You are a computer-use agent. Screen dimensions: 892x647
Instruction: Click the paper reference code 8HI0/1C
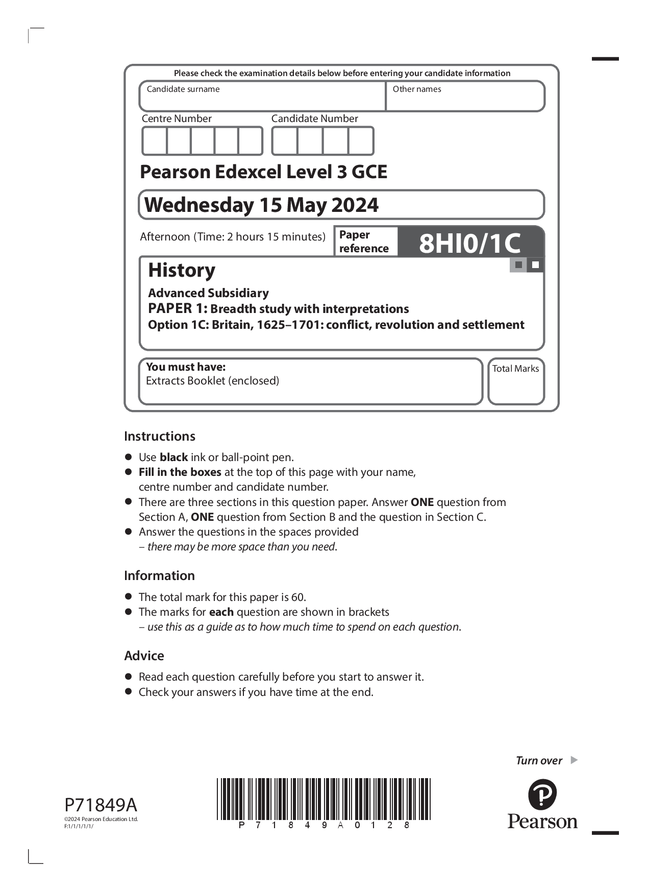(x=469, y=243)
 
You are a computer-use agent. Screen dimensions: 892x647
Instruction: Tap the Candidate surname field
(x=262, y=100)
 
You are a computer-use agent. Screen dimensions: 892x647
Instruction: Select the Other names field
(x=465, y=100)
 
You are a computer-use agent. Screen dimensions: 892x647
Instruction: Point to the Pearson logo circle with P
(x=542, y=794)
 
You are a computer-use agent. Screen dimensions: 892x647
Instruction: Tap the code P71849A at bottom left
(x=101, y=805)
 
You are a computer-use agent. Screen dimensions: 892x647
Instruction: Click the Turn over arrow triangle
(x=574, y=760)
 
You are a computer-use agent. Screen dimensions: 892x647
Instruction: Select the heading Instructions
(x=160, y=436)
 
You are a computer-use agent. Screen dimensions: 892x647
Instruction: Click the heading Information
(x=159, y=575)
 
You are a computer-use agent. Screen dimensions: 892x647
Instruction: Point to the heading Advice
(x=144, y=656)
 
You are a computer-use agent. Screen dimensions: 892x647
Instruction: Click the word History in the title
(x=182, y=270)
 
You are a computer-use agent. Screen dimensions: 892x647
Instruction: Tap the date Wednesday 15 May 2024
(x=261, y=205)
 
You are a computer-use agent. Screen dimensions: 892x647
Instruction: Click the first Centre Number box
(x=155, y=141)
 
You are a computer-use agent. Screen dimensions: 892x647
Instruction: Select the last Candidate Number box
(x=361, y=141)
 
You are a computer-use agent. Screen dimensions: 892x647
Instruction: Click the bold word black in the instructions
(x=173, y=457)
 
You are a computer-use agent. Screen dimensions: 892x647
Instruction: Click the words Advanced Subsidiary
(x=208, y=293)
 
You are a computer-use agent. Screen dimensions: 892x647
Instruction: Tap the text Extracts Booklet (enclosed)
(x=212, y=381)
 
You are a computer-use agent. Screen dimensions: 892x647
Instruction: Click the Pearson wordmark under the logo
(x=542, y=822)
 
